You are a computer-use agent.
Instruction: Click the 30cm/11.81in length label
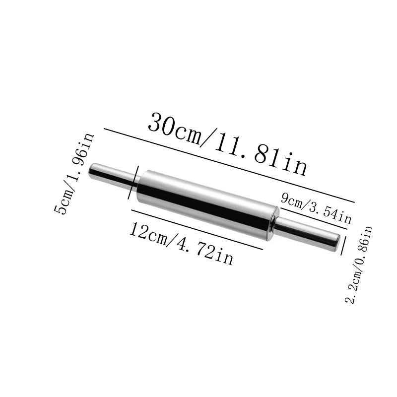227,144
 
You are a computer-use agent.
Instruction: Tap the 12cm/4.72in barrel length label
181,243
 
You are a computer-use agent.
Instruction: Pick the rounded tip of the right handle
337,242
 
